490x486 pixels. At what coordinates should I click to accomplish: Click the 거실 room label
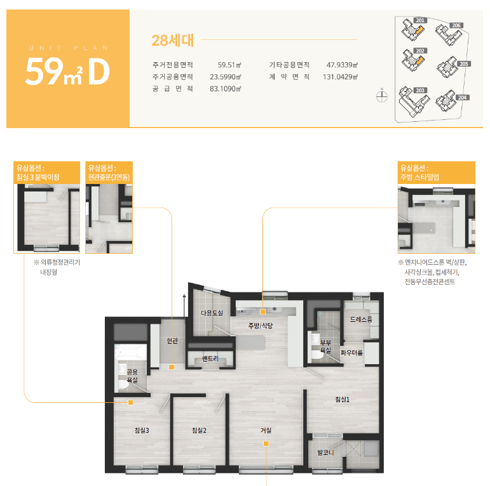tap(266, 430)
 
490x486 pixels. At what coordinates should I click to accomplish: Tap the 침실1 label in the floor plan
tap(342, 399)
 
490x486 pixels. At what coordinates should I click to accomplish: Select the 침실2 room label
tap(199, 430)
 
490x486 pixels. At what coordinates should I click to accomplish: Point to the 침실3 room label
tap(142, 430)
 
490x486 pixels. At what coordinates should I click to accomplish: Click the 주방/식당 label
tap(261, 326)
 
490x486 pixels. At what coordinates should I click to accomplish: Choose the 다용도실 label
tap(212, 313)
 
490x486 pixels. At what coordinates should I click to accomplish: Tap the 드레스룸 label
tap(361, 319)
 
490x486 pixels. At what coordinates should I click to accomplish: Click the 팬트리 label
tap(210, 358)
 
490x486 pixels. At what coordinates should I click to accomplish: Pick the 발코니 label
tap(325, 452)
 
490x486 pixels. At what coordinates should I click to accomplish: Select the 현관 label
tap(172, 341)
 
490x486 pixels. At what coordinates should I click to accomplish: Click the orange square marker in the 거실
tap(266, 443)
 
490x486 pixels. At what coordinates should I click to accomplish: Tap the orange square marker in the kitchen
tap(263, 312)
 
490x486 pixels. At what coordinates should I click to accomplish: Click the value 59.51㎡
tap(229, 65)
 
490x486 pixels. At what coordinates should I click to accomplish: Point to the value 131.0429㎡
tap(340, 77)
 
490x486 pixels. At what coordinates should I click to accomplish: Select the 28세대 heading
tap(172, 40)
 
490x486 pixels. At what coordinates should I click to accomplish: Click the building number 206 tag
tap(456, 25)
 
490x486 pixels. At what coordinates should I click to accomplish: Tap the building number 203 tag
tap(420, 90)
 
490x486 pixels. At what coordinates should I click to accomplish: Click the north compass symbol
tap(381, 96)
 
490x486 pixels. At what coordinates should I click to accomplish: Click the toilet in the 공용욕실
tap(123, 384)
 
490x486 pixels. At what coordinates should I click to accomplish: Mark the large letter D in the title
tap(99, 72)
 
